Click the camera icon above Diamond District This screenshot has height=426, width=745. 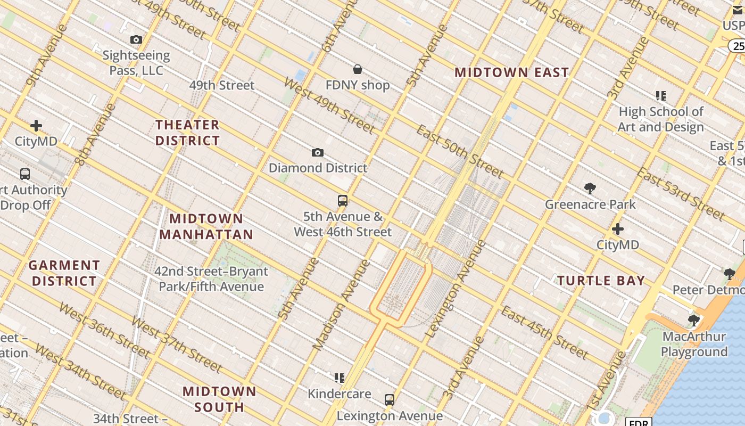click(317, 153)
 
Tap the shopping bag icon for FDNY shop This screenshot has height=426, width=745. click(358, 69)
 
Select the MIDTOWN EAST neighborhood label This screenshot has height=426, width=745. click(511, 72)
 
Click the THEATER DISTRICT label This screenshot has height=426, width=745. click(187, 133)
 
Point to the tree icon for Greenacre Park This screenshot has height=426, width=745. click(590, 189)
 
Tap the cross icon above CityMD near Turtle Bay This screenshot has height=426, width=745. click(617, 230)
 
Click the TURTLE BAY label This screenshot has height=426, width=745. click(601, 281)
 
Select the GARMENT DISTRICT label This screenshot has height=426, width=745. click(64, 273)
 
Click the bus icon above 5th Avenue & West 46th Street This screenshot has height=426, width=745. click(343, 201)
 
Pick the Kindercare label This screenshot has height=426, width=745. click(340, 394)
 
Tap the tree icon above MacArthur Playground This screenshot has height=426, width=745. click(693, 321)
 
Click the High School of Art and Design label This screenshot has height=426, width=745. click(660, 119)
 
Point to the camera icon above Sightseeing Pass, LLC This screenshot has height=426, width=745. click(136, 40)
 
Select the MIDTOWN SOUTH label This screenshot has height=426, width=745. click(219, 399)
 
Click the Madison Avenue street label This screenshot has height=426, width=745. click(341, 305)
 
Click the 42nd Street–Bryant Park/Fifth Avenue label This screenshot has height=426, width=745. click(211, 279)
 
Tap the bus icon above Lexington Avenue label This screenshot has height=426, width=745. click(390, 399)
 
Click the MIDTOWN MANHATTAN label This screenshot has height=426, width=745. click(206, 226)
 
